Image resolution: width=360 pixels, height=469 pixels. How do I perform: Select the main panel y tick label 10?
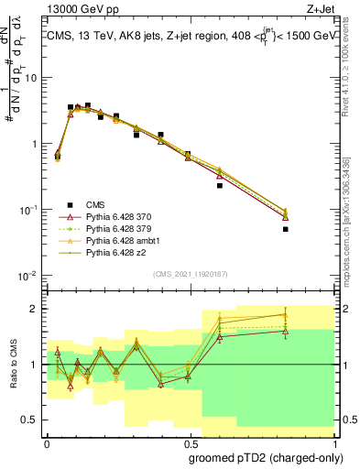click(x=32, y=78)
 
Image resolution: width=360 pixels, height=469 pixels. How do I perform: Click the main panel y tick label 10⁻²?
click(x=29, y=276)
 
